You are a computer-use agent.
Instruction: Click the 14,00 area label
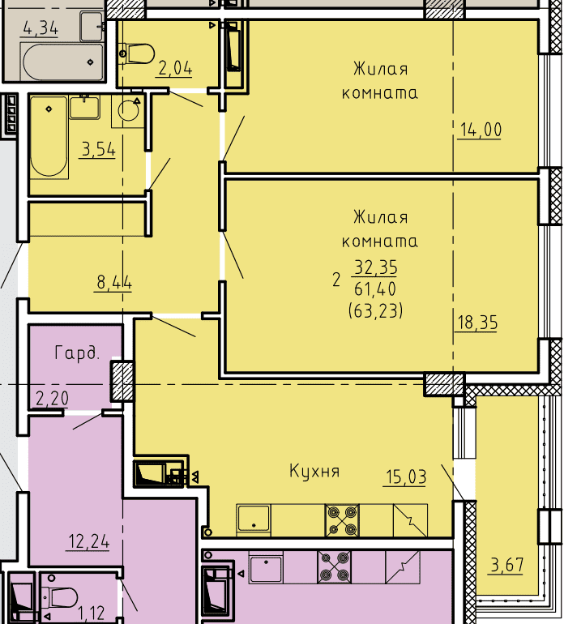click(x=481, y=130)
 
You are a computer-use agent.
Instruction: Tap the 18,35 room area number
click(x=477, y=323)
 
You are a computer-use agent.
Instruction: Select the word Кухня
click(x=314, y=471)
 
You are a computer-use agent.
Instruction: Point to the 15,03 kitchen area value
click(x=406, y=477)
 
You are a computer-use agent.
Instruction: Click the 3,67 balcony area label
click(x=507, y=565)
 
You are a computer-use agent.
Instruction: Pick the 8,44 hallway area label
click(x=114, y=283)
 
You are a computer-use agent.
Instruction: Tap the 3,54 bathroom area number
click(x=98, y=150)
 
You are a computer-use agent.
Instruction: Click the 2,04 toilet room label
click(x=175, y=68)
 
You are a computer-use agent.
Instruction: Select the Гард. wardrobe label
click(x=76, y=353)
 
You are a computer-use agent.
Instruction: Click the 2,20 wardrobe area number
click(x=52, y=399)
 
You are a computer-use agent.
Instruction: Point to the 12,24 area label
click(x=89, y=541)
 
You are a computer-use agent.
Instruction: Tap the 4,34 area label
click(x=41, y=28)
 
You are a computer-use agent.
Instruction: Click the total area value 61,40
click(x=375, y=289)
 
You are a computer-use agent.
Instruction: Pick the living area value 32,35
click(x=375, y=267)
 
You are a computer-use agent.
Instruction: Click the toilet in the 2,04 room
click(x=137, y=53)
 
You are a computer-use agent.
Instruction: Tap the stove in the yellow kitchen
click(x=342, y=520)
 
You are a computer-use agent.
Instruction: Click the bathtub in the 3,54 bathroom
click(x=49, y=136)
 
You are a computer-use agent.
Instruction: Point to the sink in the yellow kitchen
click(x=254, y=518)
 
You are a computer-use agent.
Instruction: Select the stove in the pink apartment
click(x=335, y=567)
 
